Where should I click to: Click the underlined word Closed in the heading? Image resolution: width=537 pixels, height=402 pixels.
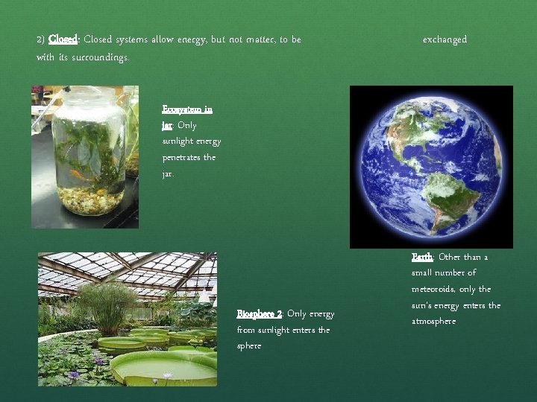pyautogui.click(x=63, y=39)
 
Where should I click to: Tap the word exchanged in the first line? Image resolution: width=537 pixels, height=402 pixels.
pyautogui.click(x=445, y=39)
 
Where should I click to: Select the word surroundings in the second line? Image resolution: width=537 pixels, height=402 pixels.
pyautogui.click(x=100, y=57)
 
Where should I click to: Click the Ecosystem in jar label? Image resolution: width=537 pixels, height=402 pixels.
pyautogui.click(x=186, y=109)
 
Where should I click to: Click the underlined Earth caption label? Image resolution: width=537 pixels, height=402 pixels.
pyautogui.click(x=422, y=258)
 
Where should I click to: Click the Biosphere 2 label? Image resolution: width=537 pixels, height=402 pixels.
pyautogui.click(x=259, y=314)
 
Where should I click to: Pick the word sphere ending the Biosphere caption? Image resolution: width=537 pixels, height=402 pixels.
pyautogui.click(x=249, y=346)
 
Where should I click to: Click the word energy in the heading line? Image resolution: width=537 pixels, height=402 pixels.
pyautogui.click(x=192, y=39)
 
